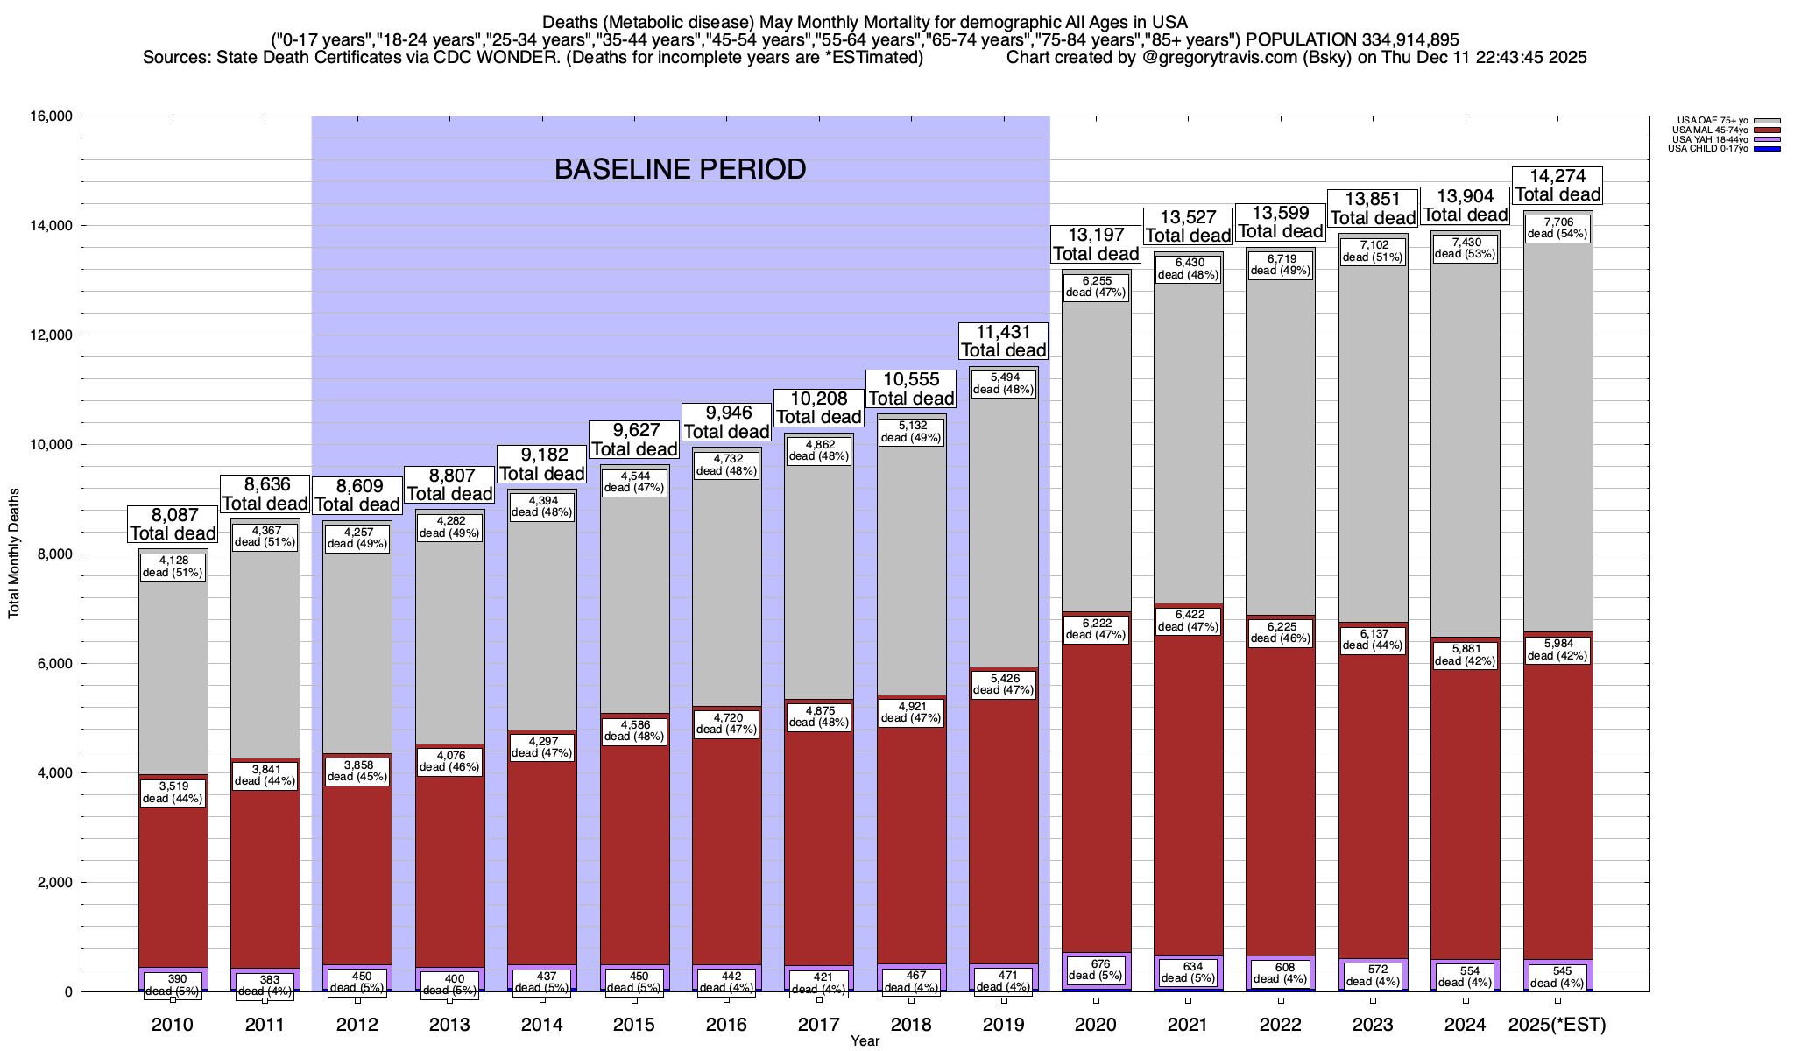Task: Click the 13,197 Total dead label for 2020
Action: tap(1096, 244)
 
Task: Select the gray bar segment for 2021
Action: tap(1189, 438)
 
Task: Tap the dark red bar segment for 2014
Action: tap(541, 858)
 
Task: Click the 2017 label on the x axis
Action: tap(819, 1025)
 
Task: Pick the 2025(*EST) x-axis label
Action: tap(1557, 1025)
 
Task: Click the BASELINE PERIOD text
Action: tap(680, 169)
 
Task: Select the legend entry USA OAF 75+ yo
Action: tap(1713, 121)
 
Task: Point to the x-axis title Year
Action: tap(865, 1041)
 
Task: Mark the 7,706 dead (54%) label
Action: tap(1557, 228)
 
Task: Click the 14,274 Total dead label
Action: tap(1557, 186)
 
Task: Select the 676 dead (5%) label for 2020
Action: tap(1096, 970)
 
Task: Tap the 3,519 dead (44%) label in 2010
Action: tap(173, 793)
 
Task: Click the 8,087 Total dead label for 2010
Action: tap(173, 525)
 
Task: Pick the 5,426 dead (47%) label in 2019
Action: tap(1004, 684)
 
